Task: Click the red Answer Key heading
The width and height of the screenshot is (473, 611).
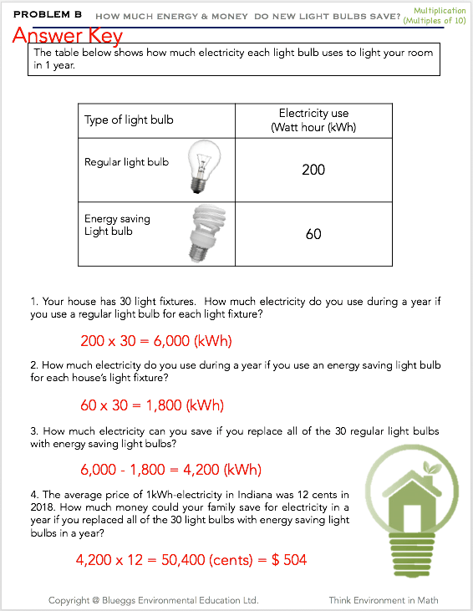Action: tap(68, 36)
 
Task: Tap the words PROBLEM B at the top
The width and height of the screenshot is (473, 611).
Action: tap(48, 14)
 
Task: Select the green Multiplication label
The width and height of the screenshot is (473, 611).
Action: tap(440, 11)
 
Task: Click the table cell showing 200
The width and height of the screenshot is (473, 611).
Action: tap(313, 170)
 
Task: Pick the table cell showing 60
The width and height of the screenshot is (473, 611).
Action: tap(313, 234)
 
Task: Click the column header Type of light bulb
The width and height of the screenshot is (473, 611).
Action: tap(129, 120)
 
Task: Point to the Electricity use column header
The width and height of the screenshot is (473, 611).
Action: tap(313, 120)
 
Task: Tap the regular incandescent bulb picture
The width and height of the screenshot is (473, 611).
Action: tap(204, 166)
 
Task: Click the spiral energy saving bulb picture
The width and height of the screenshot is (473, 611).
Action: tap(207, 233)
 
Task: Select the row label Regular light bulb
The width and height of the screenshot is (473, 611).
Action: tap(127, 162)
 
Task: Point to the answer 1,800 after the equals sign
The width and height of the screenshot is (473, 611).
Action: tap(164, 405)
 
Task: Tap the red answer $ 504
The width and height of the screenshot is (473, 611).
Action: tap(289, 560)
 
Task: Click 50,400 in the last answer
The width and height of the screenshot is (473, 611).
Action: tap(183, 560)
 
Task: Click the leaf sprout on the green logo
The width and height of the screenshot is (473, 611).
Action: tap(431, 467)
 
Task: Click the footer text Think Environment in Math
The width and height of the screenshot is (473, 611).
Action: tap(384, 600)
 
